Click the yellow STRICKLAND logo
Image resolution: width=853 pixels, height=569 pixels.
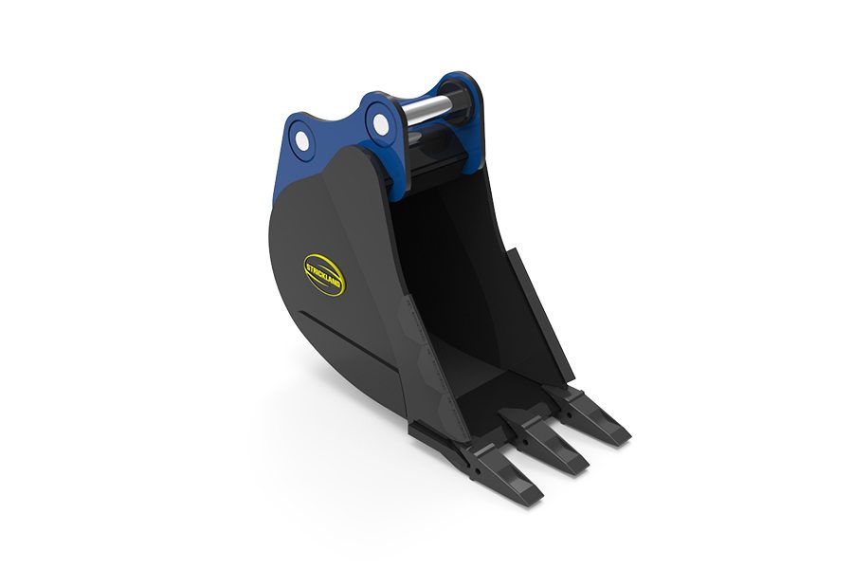(324, 275)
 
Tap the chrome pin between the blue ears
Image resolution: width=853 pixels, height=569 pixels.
(426, 108)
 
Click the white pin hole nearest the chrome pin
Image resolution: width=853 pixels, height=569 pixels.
(381, 124)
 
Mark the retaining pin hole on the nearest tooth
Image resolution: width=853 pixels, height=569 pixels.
(477, 468)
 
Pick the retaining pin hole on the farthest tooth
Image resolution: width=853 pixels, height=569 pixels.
(569, 413)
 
